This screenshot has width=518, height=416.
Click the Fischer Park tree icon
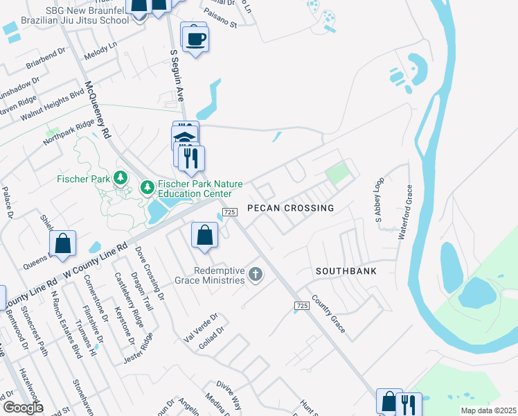click(x=121, y=178)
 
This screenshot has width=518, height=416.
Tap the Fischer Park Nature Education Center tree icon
click(x=147, y=187)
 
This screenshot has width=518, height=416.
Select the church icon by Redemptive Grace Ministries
click(x=256, y=275)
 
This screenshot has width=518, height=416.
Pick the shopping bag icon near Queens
click(x=62, y=243)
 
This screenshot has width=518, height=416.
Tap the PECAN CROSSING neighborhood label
click(x=290, y=208)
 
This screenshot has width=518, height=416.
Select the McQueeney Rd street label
click(x=97, y=111)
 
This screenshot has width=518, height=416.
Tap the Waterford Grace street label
click(x=405, y=211)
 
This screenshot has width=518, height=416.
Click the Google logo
click(x=22, y=408)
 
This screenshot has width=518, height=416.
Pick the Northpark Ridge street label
click(x=67, y=132)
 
